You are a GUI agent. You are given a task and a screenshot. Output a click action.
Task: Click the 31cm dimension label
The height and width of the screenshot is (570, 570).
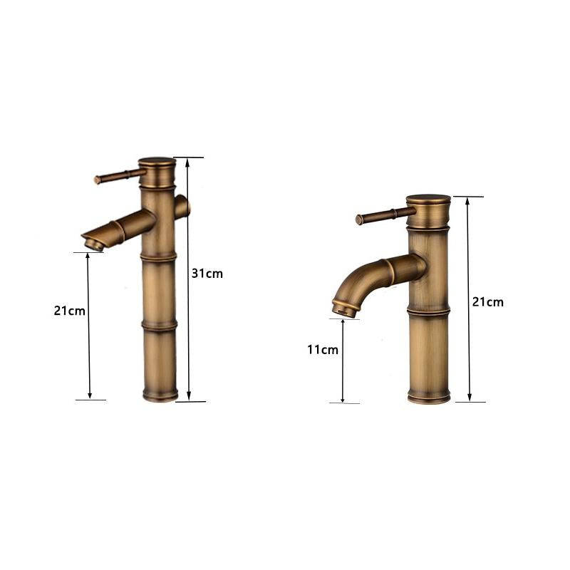207,274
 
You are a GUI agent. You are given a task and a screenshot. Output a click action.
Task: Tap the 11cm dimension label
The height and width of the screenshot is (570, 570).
323,350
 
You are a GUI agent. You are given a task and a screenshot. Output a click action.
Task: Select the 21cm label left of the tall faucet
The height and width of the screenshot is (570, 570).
69,311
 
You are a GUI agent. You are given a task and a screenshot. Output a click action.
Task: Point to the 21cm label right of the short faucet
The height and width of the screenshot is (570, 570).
488,302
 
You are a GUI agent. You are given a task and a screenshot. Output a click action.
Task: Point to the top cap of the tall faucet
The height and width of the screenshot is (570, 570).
157,163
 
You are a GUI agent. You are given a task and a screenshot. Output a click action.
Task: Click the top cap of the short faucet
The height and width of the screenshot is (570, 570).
428,201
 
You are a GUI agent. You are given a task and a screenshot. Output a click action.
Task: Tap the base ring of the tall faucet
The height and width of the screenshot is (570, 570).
159,394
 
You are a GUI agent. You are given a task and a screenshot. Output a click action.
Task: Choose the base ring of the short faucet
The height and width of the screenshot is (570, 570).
428,396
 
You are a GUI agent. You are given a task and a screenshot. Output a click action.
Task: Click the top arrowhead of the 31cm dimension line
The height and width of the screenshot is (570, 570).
188,162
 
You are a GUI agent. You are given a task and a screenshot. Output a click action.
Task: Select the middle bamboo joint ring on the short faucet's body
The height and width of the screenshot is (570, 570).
428,311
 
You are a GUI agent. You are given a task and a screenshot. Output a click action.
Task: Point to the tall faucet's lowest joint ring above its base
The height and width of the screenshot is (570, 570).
159,326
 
